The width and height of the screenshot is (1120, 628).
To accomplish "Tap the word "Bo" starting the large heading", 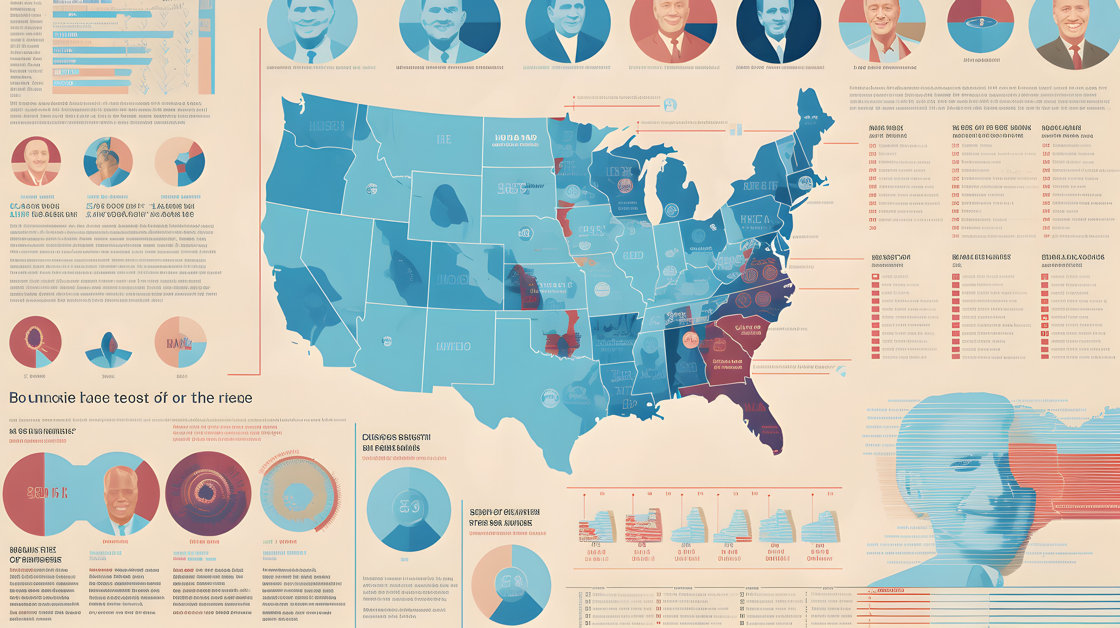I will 18,398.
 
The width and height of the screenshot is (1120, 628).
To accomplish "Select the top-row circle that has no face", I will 980,24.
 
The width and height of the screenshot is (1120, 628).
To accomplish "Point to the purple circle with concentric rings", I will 208,493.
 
